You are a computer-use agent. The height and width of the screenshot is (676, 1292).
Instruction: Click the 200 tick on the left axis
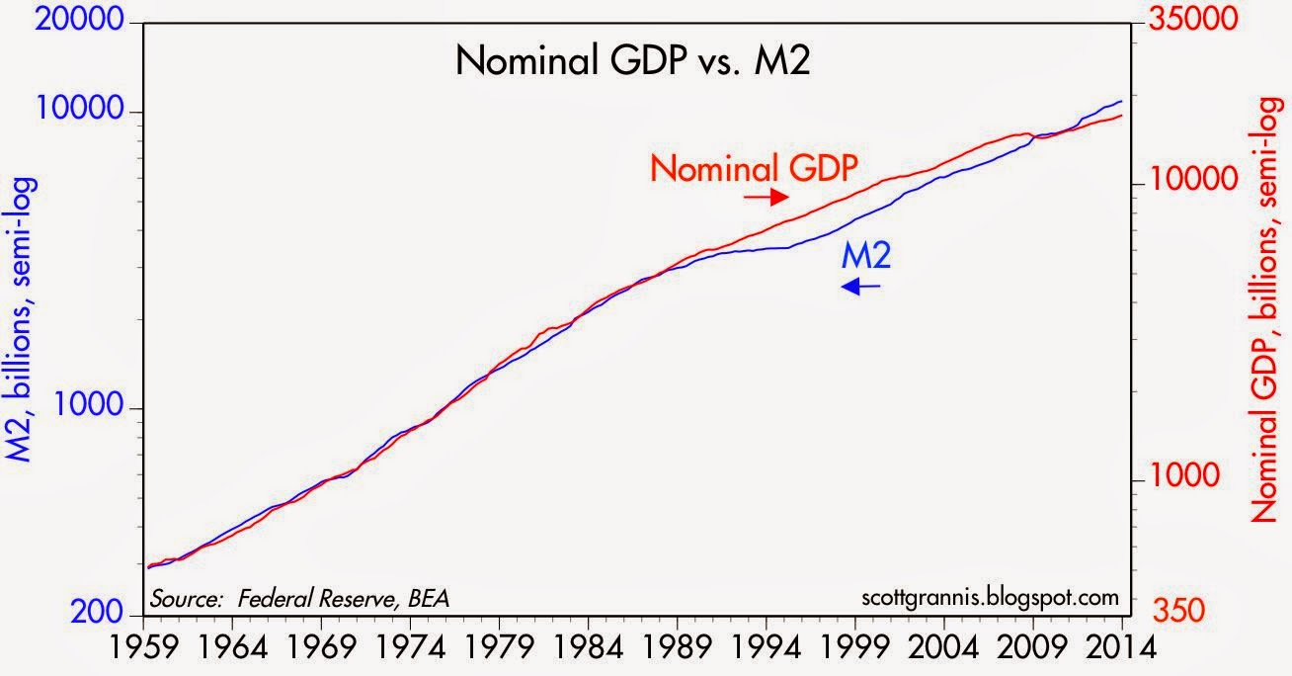(x=104, y=613)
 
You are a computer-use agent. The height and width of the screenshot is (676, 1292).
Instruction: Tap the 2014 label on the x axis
(x=1122, y=652)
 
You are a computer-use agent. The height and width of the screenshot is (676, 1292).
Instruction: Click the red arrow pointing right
(x=764, y=197)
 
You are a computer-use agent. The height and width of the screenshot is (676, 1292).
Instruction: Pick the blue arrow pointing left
(x=860, y=286)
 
